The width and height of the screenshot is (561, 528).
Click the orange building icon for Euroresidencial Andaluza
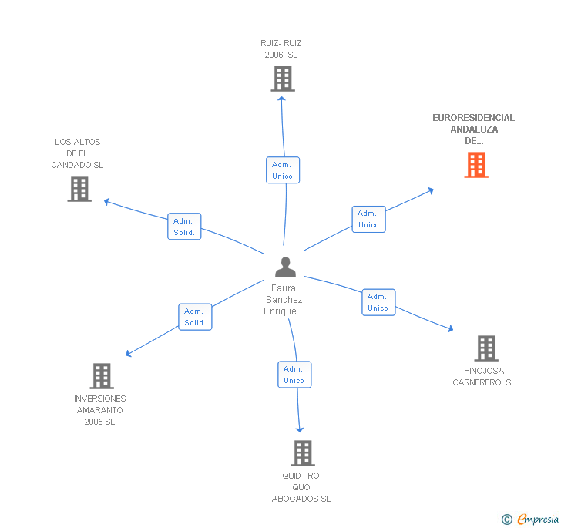476,165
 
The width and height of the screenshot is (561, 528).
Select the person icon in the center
285,267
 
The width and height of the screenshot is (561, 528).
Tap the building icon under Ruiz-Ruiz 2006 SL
283,79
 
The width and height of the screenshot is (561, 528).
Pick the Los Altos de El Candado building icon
79,189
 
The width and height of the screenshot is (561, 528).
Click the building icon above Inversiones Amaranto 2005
102,376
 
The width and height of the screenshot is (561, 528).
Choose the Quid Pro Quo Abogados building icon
303,453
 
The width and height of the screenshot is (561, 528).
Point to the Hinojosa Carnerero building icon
485,348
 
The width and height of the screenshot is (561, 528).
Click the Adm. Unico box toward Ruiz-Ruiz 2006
282,170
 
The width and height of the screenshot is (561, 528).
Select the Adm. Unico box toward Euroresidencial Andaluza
368,219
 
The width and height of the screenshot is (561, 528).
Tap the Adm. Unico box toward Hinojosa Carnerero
378,302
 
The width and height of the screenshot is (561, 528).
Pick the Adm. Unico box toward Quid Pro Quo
294,375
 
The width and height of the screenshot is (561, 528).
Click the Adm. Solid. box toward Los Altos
184,227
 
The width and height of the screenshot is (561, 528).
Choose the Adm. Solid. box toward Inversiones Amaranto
195,317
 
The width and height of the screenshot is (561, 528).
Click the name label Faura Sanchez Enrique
284,300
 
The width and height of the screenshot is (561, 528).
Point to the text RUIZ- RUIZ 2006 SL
281,49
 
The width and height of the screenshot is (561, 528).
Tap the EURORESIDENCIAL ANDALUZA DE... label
473,129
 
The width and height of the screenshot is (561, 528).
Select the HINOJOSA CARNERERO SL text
484,377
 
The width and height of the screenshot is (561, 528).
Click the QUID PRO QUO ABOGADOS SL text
301,487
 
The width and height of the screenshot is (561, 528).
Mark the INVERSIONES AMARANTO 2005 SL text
100,410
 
